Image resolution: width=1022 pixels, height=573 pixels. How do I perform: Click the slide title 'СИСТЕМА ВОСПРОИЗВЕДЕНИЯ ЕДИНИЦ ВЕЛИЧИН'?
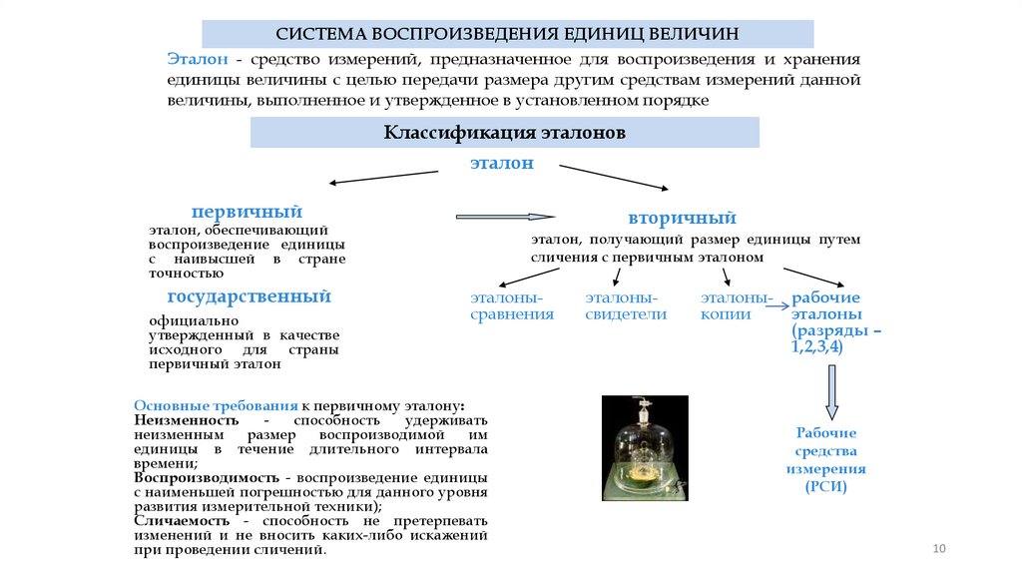(x=508, y=34)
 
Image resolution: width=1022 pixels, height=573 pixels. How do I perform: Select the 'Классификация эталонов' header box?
(x=504, y=133)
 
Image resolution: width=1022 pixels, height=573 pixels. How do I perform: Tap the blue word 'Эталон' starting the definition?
(x=198, y=60)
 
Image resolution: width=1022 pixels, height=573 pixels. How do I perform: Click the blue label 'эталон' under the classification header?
(x=502, y=163)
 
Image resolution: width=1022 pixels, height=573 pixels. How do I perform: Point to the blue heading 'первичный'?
(x=247, y=212)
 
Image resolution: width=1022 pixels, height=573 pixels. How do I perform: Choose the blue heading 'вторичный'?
(x=682, y=218)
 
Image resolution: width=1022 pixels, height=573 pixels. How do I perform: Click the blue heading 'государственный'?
(x=249, y=296)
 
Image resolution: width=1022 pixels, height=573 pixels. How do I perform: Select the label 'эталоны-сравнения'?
(x=512, y=305)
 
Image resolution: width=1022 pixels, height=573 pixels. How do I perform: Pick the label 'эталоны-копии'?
(x=736, y=305)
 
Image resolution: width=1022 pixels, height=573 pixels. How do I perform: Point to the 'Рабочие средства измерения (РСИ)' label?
(x=825, y=459)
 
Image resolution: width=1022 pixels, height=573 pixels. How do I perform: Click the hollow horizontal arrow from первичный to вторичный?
(x=505, y=216)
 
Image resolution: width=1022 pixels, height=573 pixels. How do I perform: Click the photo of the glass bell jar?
(x=645, y=447)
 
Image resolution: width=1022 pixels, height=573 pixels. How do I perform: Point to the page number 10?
(x=938, y=548)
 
